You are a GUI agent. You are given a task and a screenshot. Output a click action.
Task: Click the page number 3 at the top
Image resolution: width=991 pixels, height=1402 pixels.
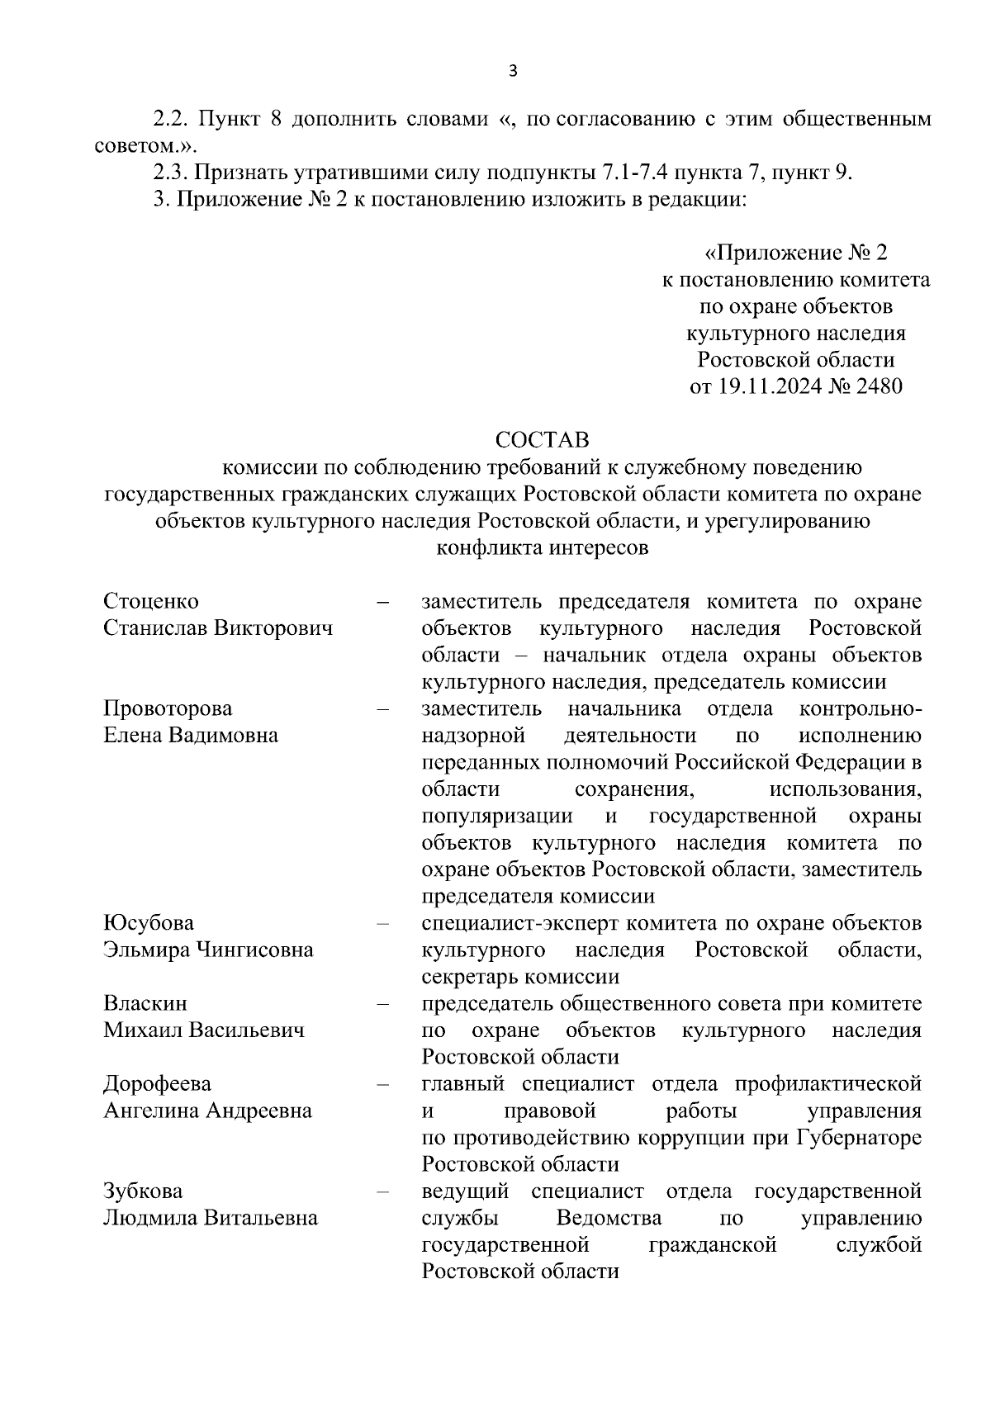tap(512, 71)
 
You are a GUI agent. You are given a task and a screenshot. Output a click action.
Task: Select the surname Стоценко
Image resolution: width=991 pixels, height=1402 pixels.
tap(151, 601)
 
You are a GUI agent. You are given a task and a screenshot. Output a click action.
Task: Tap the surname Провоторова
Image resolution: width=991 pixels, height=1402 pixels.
tap(168, 708)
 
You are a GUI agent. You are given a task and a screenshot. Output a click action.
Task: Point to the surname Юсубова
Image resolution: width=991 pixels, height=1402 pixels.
tap(149, 922)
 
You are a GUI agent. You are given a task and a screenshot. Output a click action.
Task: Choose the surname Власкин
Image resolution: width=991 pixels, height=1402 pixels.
tap(145, 1003)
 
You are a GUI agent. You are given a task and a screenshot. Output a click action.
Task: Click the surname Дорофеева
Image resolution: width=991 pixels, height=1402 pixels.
tap(157, 1083)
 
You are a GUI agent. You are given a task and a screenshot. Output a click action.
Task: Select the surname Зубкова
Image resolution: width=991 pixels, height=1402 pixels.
tap(143, 1191)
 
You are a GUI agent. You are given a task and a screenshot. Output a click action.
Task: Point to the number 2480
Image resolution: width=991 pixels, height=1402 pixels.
tap(880, 386)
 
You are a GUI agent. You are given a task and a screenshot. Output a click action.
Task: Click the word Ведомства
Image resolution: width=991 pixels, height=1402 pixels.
tap(609, 1218)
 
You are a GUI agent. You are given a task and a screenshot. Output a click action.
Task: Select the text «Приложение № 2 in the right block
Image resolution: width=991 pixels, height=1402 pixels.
tap(795, 252)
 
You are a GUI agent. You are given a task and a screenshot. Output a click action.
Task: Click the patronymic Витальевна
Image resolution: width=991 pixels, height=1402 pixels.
tap(262, 1218)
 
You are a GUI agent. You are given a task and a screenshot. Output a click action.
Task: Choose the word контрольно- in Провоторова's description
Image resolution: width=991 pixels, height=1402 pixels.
tap(861, 708)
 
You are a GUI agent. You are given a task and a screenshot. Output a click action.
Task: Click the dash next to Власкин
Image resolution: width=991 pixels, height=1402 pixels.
tap(382, 1004)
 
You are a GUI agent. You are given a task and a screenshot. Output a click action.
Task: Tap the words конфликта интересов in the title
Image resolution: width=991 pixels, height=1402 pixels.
tap(543, 547)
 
